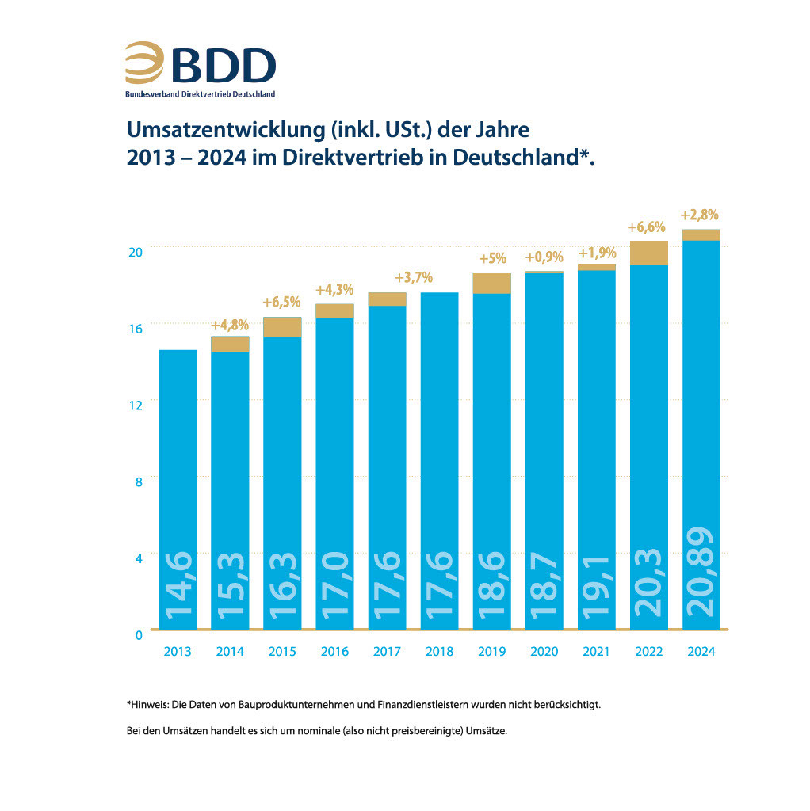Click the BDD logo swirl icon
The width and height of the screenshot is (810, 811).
[143, 63]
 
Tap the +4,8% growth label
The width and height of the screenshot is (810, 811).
[230, 325]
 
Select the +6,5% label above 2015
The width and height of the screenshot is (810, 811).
[282, 302]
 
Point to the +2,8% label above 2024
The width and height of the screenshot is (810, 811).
[701, 215]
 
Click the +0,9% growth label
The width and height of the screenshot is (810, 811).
[544, 257]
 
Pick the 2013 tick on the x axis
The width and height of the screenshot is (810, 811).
[178, 652]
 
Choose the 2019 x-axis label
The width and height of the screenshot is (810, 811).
[491, 652]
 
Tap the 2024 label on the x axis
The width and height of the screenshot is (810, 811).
[701, 652]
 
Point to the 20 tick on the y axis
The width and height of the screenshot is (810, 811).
[136, 251]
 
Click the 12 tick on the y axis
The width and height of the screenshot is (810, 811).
[136, 405]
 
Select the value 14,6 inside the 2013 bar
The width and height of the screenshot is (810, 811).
[178, 586]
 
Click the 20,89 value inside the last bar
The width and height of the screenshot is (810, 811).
[701, 571]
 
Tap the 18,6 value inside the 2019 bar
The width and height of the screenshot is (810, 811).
[491, 586]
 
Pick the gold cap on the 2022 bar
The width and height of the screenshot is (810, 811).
[648, 253]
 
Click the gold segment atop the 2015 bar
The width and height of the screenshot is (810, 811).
[282, 327]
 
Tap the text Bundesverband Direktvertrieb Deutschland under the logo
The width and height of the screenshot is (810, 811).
[200, 94]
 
